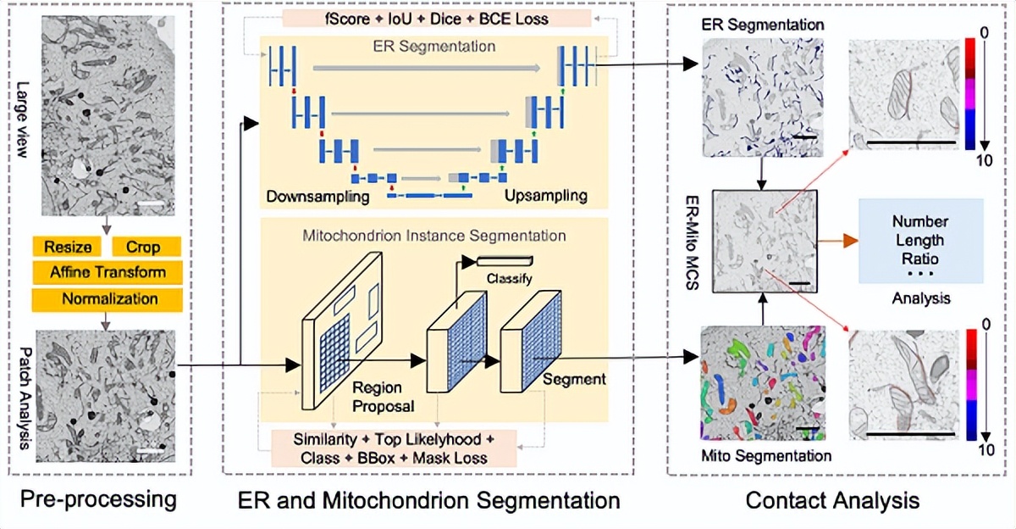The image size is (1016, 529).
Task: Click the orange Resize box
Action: coord(68,246)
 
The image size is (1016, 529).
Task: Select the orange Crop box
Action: coord(146,246)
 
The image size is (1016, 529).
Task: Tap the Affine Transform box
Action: coord(107,272)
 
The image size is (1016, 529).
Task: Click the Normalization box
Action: coord(107,298)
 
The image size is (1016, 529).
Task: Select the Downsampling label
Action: coord(317,196)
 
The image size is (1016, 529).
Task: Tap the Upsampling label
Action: coord(545,196)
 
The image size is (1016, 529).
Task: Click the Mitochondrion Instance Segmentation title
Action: coord(434,235)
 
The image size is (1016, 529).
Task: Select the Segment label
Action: coord(574,379)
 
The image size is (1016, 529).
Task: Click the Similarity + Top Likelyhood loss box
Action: coord(393,448)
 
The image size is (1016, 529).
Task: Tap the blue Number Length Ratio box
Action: coord(920,241)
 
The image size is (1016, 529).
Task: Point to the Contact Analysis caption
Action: coord(832,500)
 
